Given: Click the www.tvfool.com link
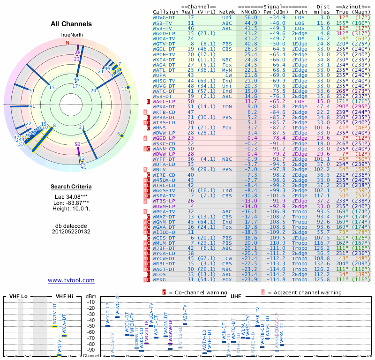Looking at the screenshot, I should coord(71,280).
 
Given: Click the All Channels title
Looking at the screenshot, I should coord(71,24).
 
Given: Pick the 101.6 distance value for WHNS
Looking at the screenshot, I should coord(322,127).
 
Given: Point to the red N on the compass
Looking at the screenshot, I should coord(67,43).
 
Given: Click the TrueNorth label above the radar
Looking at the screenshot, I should coord(71,35).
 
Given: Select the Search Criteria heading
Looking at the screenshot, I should coord(71,187).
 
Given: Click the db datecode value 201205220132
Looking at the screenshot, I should coord(71,232).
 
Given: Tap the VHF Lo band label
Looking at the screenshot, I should coord(18,296).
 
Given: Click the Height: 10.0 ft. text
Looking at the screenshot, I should coord(71,209).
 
